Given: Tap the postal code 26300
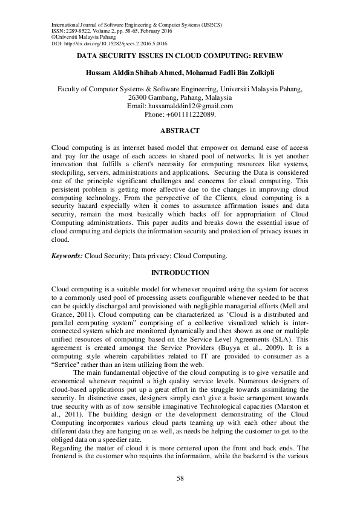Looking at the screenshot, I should [x=140, y=97].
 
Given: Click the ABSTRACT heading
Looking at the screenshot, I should [x=180, y=131].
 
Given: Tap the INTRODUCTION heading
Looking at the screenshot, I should [x=180, y=273].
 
